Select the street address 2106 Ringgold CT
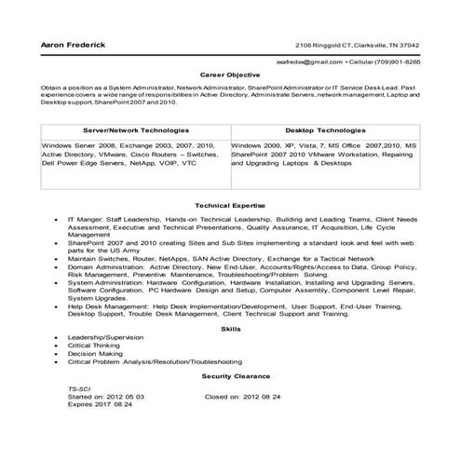tap(326, 46)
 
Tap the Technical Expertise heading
tap(230, 204)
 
